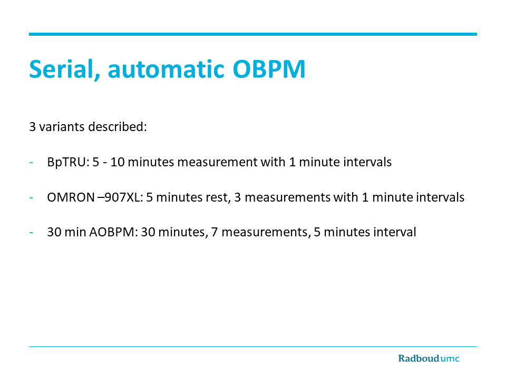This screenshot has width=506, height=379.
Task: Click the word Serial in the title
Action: click(x=64, y=69)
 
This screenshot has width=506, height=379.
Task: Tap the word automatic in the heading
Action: click(x=166, y=69)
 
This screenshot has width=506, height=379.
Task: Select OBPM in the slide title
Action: click(x=269, y=69)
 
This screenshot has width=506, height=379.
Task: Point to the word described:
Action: click(x=118, y=127)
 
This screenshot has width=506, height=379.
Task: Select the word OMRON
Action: click(x=71, y=197)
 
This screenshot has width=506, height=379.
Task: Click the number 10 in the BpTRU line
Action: click(x=118, y=162)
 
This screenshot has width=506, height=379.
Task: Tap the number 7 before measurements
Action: click(x=215, y=232)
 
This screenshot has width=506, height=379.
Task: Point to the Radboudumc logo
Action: click(x=429, y=358)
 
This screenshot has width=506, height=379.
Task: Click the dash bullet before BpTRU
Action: click(x=31, y=163)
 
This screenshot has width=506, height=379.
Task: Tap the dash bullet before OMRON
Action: click(x=31, y=197)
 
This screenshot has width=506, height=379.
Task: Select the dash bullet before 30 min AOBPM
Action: click(x=31, y=232)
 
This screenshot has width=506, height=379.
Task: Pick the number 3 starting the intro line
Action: click(x=32, y=127)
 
